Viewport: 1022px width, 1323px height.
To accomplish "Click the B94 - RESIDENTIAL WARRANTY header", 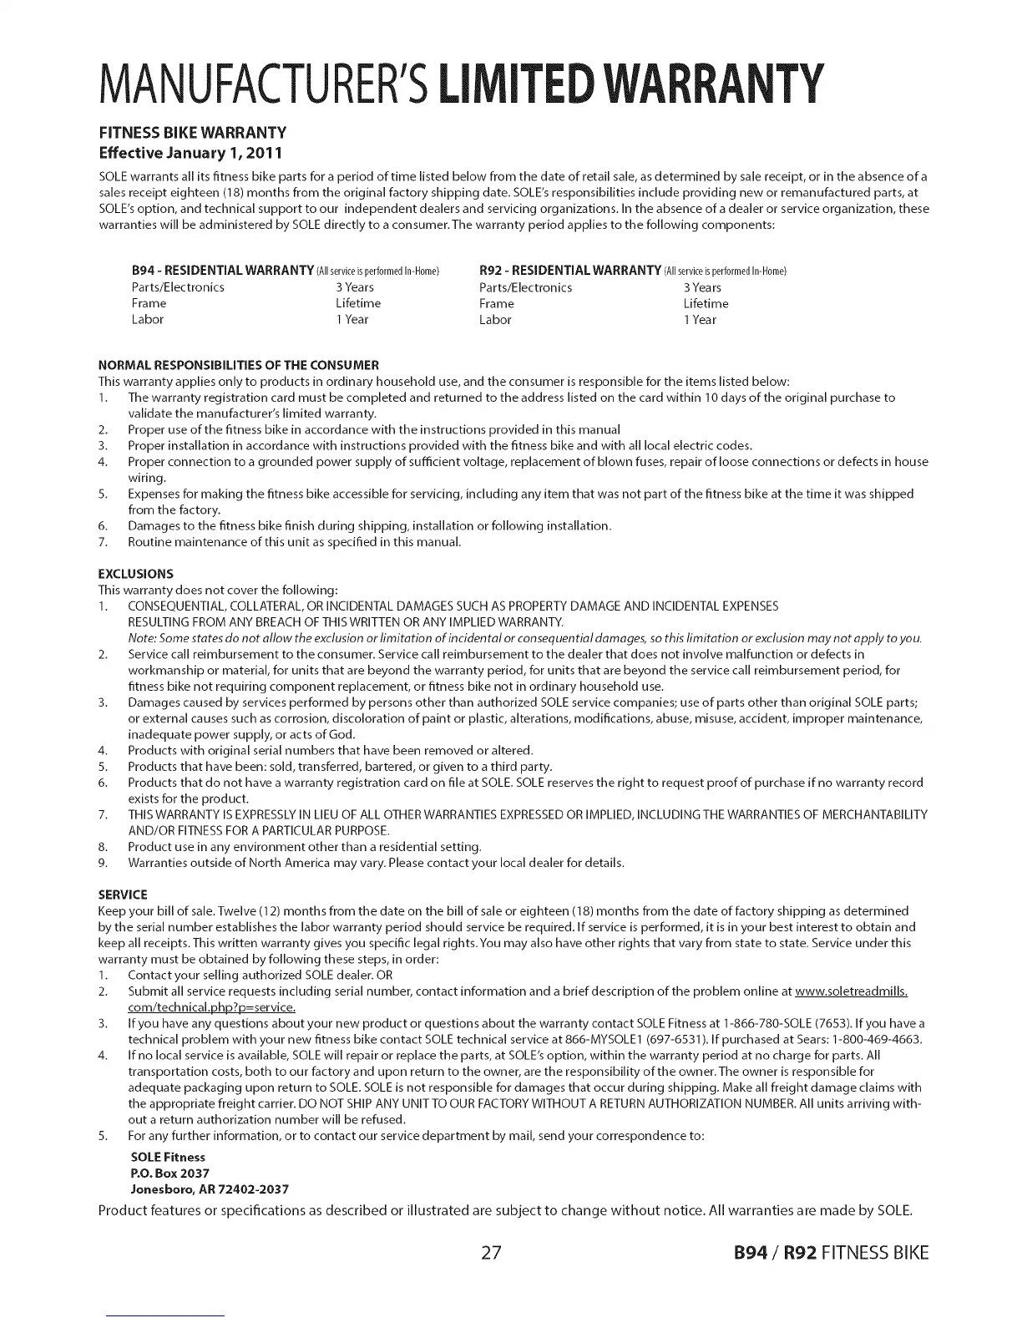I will pyautogui.click(x=223, y=271).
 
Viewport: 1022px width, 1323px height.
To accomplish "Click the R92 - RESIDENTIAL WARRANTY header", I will pyautogui.click(x=570, y=271).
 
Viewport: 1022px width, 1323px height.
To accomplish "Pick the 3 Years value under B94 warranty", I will pyautogui.click(x=355, y=287).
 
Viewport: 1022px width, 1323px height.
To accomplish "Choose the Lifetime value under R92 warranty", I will pyautogui.click(x=706, y=303).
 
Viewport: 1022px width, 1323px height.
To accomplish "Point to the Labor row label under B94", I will pyautogui.click(x=148, y=319).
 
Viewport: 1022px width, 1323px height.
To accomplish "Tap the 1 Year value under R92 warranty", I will pyautogui.click(x=700, y=319).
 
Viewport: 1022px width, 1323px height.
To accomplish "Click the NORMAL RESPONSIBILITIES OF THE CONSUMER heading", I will pyautogui.click(x=239, y=365).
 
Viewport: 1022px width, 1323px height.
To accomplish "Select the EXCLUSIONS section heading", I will pyautogui.click(x=136, y=574).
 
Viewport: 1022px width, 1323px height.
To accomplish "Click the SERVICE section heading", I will pyautogui.click(x=123, y=895).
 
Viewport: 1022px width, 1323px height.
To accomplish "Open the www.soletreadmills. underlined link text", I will pyautogui.click(x=851, y=991).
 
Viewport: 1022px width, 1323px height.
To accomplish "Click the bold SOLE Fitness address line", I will pyautogui.click(x=168, y=1157).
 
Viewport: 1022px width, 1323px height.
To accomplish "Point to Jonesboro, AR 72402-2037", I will pyautogui.click(x=210, y=1189).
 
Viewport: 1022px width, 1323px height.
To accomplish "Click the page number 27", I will pyautogui.click(x=491, y=1253).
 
